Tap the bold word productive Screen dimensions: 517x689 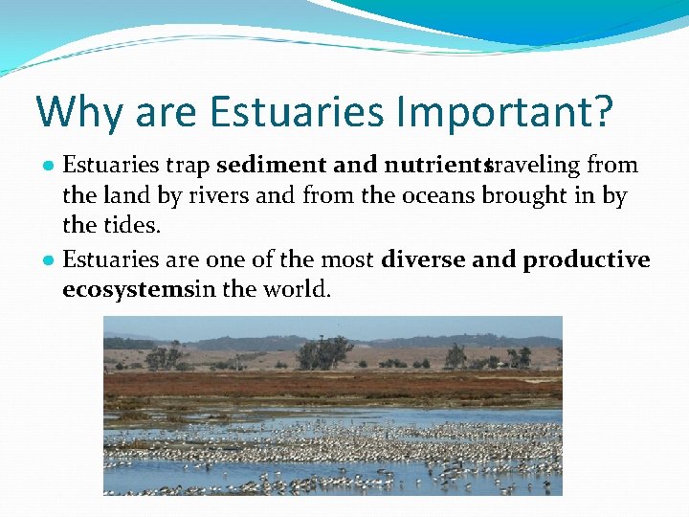587,259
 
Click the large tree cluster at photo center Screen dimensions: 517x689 322,353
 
